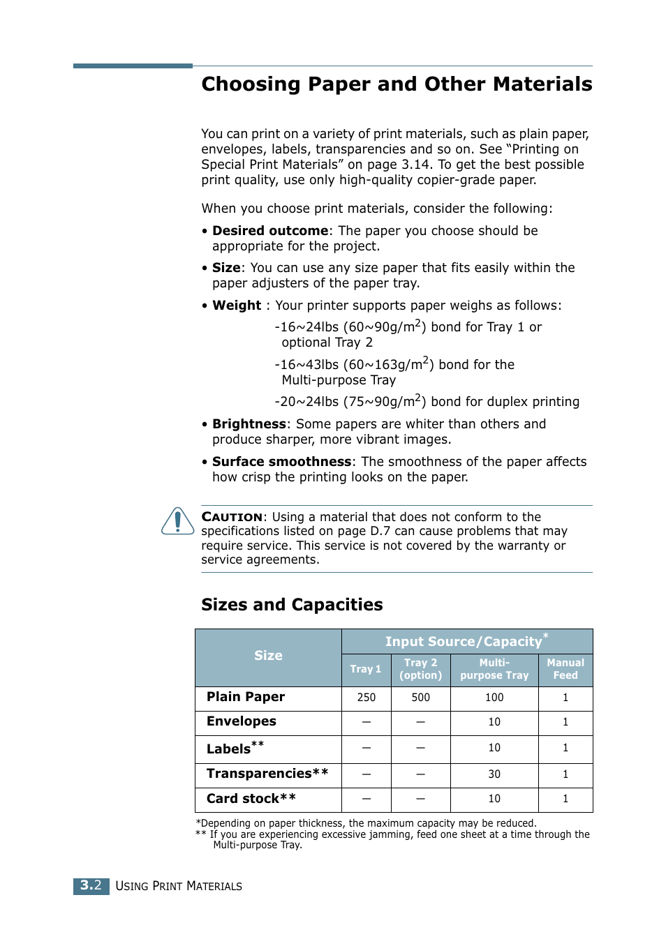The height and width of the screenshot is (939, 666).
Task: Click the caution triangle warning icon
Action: (x=178, y=521)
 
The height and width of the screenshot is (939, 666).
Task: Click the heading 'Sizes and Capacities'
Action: (x=292, y=604)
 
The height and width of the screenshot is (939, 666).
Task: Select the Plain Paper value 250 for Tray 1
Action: (x=367, y=698)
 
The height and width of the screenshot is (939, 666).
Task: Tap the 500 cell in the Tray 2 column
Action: (x=420, y=698)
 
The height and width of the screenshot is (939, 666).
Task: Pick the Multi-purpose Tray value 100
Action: (x=494, y=698)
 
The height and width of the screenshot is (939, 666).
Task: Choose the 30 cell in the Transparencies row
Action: (x=494, y=774)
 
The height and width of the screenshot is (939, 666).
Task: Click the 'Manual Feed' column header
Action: (x=565, y=669)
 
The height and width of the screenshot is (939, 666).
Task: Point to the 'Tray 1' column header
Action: (x=366, y=669)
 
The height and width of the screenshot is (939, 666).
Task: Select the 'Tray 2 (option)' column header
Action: (x=420, y=669)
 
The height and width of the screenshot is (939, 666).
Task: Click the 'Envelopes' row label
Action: (x=242, y=721)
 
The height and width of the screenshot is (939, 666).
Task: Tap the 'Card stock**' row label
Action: (x=251, y=799)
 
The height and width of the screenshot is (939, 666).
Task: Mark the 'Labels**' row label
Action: (x=235, y=749)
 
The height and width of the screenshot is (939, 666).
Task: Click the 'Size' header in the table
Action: (x=268, y=656)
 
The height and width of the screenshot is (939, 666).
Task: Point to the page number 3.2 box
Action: (x=91, y=886)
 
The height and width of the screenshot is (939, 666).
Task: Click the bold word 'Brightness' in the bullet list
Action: (x=249, y=424)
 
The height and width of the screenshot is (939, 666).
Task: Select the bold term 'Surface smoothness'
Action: (x=281, y=462)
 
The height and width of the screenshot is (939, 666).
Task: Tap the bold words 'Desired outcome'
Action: (x=270, y=231)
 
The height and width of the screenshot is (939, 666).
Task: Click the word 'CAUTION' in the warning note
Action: (x=232, y=517)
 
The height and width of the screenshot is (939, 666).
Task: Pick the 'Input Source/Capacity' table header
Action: (x=464, y=642)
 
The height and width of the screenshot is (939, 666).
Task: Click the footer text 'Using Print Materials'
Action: (x=179, y=886)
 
